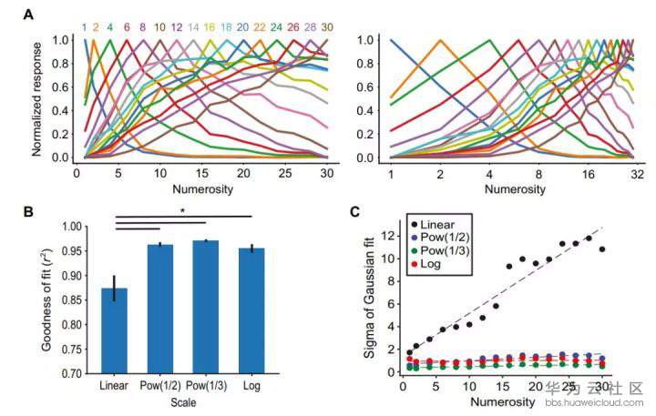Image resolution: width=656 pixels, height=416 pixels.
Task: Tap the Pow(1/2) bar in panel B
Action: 160,309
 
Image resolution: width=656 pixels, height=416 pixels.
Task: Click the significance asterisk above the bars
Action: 184,211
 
